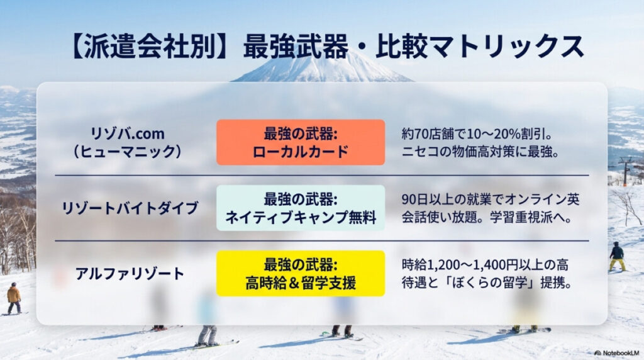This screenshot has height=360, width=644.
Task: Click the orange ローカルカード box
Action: point(301,142)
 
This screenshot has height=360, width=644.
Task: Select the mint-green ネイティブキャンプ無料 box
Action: point(301,208)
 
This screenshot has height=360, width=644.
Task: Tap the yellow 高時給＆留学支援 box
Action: point(301,274)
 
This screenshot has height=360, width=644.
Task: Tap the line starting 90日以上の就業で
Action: point(490,199)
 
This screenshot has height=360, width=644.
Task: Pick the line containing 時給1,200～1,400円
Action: point(490,264)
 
